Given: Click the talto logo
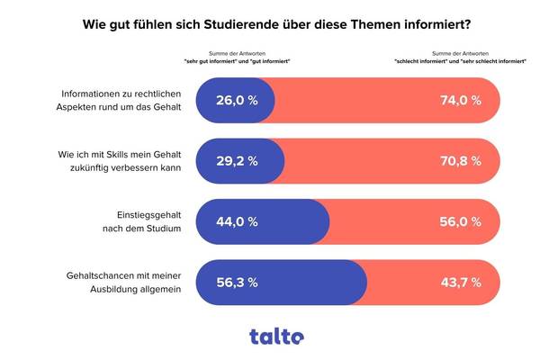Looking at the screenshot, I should click(x=276, y=336).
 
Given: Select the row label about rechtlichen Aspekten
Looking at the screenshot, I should click(x=121, y=101).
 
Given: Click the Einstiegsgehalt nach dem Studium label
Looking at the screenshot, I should click(x=144, y=221).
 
